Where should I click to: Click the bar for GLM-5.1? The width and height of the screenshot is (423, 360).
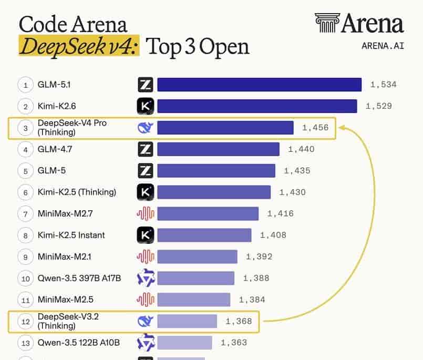pos(259,85)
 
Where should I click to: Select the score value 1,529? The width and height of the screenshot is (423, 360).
pos(378,106)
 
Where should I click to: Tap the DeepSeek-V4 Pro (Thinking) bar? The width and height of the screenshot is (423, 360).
pos(225,128)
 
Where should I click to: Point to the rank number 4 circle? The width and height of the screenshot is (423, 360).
pos(25,149)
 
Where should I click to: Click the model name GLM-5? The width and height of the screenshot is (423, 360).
pos(51,171)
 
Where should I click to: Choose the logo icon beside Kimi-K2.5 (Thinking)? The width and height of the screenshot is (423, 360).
pos(145,192)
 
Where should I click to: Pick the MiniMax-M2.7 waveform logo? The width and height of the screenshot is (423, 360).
pos(145,213)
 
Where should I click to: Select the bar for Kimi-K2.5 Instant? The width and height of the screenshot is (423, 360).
pos(204,235)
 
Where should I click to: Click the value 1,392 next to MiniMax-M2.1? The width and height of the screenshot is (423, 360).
pos(259,257)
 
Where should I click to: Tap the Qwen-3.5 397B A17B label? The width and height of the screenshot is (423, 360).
pos(79,278)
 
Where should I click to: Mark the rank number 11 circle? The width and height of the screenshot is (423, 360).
pos(25,300)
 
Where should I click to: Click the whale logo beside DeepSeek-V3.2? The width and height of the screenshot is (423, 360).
pos(145,321)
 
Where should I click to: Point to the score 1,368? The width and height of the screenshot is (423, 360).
pos(239,321)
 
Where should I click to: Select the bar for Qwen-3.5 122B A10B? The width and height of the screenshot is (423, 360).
pos(184,343)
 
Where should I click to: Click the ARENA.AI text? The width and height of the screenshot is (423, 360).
pos(383,45)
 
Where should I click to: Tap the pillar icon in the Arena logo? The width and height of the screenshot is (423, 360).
pos(327,23)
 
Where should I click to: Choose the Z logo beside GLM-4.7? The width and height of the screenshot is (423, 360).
pos(145,149)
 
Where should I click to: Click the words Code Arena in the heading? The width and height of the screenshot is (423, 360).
pos(73,24)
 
